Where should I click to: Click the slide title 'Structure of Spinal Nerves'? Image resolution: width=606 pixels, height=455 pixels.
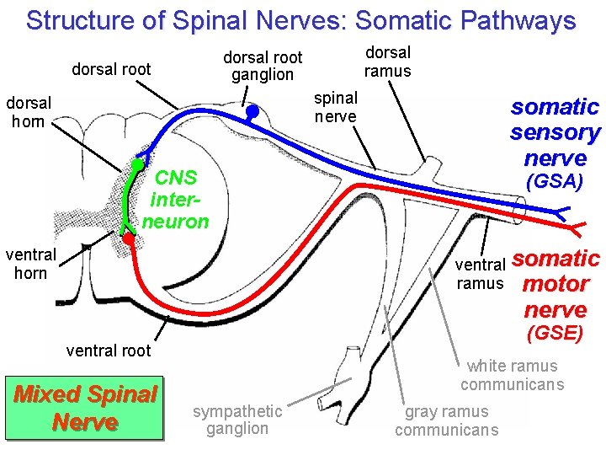(300, 20)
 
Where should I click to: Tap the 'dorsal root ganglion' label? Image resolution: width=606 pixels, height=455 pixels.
(263, 66)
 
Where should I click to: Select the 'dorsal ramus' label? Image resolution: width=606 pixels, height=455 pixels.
(387, 62)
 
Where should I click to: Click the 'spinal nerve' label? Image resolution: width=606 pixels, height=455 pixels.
(336, 107)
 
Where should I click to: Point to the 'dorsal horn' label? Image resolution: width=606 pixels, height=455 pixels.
(29, 111)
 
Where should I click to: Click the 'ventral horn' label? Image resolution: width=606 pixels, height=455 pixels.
(30, 263)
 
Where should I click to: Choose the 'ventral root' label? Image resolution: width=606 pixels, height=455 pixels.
(108, 351)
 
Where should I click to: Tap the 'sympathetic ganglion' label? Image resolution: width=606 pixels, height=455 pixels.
(237, 419)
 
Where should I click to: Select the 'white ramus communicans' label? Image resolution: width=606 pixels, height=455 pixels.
(512, 375)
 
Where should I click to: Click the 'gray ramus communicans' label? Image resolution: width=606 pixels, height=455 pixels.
(446, 420)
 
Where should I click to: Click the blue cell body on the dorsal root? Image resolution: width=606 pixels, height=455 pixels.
(252, 110)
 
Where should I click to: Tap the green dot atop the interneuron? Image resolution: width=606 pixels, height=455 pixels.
(136, 163)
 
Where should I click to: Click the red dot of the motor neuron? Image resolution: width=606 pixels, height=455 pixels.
(128, 239)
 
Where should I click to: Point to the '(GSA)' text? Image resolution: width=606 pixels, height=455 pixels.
(554, 181)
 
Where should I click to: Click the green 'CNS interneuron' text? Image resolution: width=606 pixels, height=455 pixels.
(176, 200)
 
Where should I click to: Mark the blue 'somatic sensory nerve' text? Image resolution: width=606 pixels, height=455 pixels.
(555, 132)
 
